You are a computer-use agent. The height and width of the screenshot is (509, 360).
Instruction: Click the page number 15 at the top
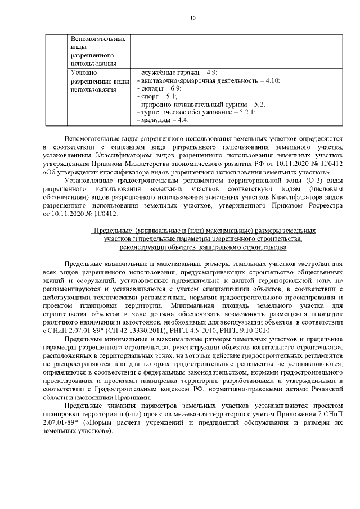click(x=192, y=18)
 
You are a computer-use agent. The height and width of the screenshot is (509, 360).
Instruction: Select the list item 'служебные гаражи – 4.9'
click(x=178, y=73)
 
